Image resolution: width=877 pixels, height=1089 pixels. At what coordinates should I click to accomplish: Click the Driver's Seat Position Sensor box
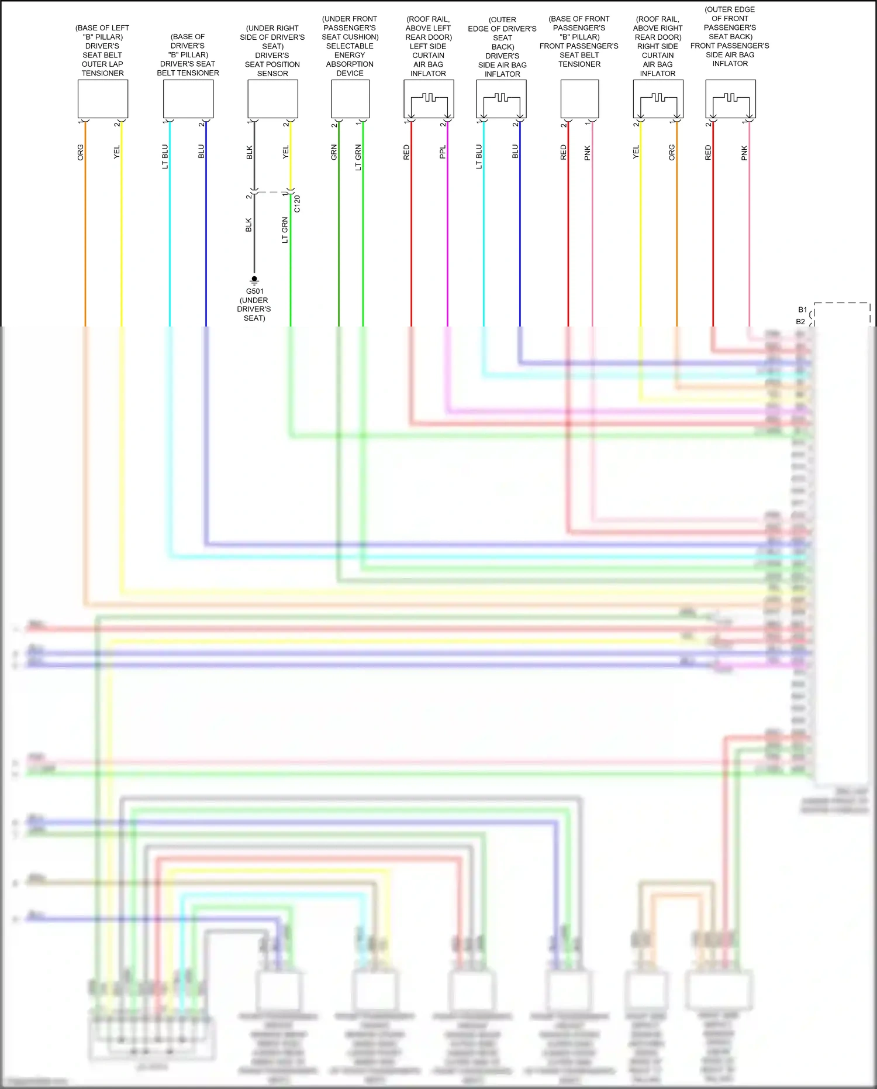(x=272, y=99)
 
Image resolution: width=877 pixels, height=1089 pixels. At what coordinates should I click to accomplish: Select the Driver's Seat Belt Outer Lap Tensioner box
(x=103, y=99)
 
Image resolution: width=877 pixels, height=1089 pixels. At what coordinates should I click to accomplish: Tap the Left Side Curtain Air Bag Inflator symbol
(x=429, y=99)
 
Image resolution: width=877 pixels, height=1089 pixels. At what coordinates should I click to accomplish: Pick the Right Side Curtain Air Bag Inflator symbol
(x=658, y=99)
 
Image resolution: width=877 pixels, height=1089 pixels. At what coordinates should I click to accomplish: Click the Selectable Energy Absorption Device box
(x=350, y=99)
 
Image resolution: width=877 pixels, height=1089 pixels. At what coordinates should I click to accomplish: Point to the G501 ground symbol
(x=254, y=280)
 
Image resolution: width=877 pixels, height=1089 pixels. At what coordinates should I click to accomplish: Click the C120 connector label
(x=297, y=204)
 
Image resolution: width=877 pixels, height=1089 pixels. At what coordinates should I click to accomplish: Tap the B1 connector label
(x=802, y=310)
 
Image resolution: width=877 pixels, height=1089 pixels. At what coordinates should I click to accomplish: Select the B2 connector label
(x=800, y=322)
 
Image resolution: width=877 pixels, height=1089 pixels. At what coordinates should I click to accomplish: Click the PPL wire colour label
(x=443, y=152)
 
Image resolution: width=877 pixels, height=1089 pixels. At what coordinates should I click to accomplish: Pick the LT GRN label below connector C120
(x=285, y=230)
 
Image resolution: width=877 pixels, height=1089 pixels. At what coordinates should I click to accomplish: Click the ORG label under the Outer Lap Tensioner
(x=81, y=152)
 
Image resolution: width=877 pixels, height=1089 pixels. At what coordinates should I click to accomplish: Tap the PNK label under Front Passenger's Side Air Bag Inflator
(x=744, y=153)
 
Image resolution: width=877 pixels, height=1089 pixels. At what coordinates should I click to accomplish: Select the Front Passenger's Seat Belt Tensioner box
(x=579, y=99)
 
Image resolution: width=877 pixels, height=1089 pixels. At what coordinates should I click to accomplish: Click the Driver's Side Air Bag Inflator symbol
(x=501, y=99)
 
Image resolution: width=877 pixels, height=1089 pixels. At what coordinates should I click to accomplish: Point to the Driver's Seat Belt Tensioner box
(x=188, y=99)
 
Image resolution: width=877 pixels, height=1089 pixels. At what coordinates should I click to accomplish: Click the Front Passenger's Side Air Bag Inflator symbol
(x=730, y=99)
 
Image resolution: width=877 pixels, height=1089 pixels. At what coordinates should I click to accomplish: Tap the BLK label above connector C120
(x=250, y=152)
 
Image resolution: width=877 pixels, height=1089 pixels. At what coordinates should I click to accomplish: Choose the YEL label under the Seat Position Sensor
(x=286, y=152)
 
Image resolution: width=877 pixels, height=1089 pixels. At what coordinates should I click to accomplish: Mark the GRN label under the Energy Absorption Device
(x=334, y=152)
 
